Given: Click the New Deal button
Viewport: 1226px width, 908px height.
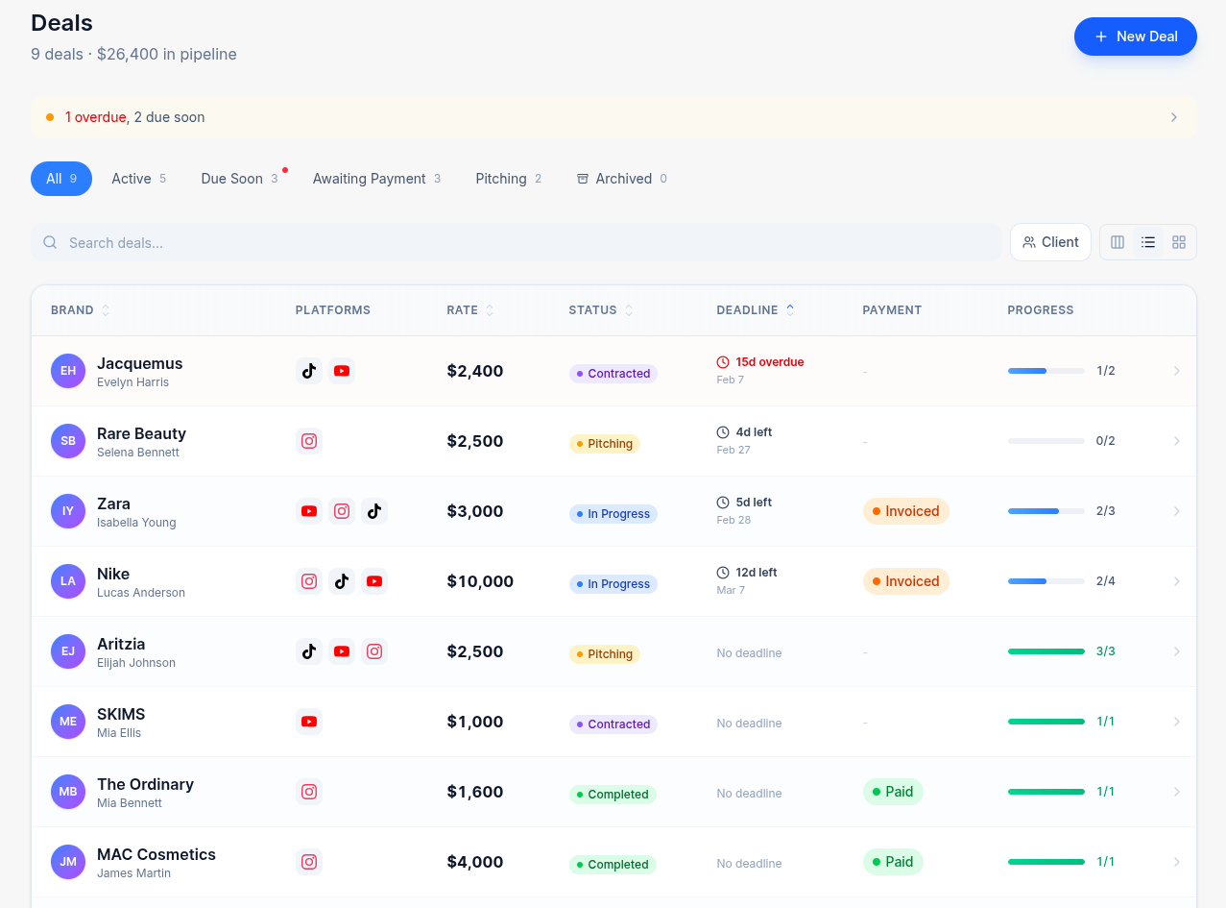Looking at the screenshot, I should (x=1135, y=37).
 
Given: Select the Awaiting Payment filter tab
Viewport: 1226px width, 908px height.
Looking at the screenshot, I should (x=375, y=179).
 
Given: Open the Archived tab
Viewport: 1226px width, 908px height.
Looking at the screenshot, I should (x=621, y=179).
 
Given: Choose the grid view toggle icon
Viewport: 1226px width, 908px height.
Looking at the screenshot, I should (x=1179, y=242).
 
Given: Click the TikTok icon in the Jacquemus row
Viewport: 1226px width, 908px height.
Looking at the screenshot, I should (x=308, y=371).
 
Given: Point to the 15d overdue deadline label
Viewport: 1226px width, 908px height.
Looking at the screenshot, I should (x=769, y=362).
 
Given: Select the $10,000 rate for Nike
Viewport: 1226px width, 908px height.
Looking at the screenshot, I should (x=480, y=581).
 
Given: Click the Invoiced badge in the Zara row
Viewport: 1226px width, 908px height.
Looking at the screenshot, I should (x=905, y=511).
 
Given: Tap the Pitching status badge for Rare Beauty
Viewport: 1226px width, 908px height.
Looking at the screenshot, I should (x=604, y=444).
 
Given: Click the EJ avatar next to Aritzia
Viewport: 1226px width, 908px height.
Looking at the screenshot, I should (x=68, y=651).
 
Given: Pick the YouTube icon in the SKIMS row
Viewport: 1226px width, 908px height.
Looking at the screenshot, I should (x=308, y=722).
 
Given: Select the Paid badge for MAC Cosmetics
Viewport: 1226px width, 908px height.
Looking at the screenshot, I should (x=892, y=862).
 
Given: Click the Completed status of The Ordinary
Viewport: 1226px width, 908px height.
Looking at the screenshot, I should (x=613, y=795).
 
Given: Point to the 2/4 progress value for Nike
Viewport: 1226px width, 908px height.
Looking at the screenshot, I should (x=1105, y=581).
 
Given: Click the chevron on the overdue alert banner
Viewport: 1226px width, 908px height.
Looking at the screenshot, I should (x=1173, y=117).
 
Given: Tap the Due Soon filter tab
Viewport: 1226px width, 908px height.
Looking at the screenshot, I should (x=232, y=179).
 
